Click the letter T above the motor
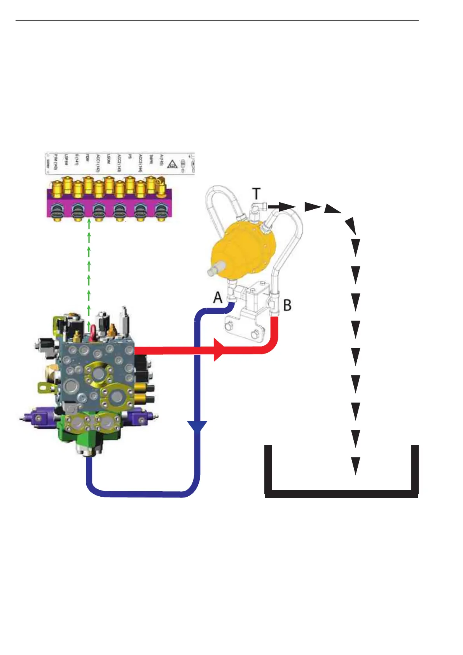256,193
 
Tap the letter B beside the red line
287,305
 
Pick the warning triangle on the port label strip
172,165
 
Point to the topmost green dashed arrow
89,224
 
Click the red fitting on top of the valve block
93,334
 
